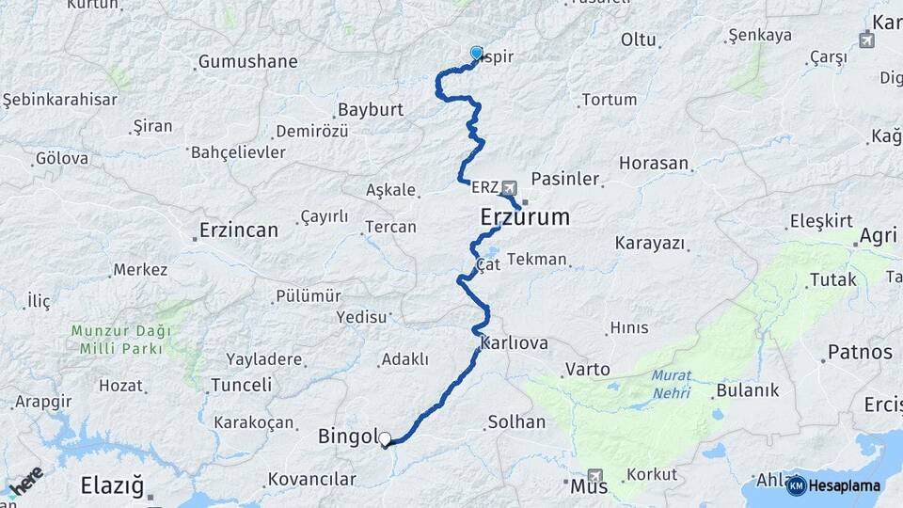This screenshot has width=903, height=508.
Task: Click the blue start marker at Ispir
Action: click(x=476, y=54)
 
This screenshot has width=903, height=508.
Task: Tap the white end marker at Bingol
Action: click(x=385, y=438)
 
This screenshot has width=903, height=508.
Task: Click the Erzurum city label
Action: click(x=525, y=217)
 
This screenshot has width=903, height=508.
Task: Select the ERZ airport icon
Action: click(x=509, y=187)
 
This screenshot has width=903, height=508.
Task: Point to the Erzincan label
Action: click(x=239, y=230)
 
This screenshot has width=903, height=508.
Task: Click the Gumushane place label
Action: click(x=247, y=62)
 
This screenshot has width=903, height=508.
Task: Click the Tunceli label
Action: click(x=241, y=385)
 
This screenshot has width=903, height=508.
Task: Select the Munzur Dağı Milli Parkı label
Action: click(x=120, y=340)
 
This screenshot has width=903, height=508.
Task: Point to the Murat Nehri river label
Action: click(x=671, y=383)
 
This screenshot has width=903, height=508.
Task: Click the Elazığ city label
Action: click(x=112, y=486)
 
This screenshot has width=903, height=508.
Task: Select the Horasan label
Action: click(x=654, y=163)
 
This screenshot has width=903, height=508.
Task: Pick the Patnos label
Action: click(x=859, y=353)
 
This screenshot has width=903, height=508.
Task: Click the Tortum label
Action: click(x=609, y=99)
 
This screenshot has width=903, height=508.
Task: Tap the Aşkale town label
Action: click(x=389, y=190)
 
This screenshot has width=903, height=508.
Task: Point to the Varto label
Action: click(x=587, y=370)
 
